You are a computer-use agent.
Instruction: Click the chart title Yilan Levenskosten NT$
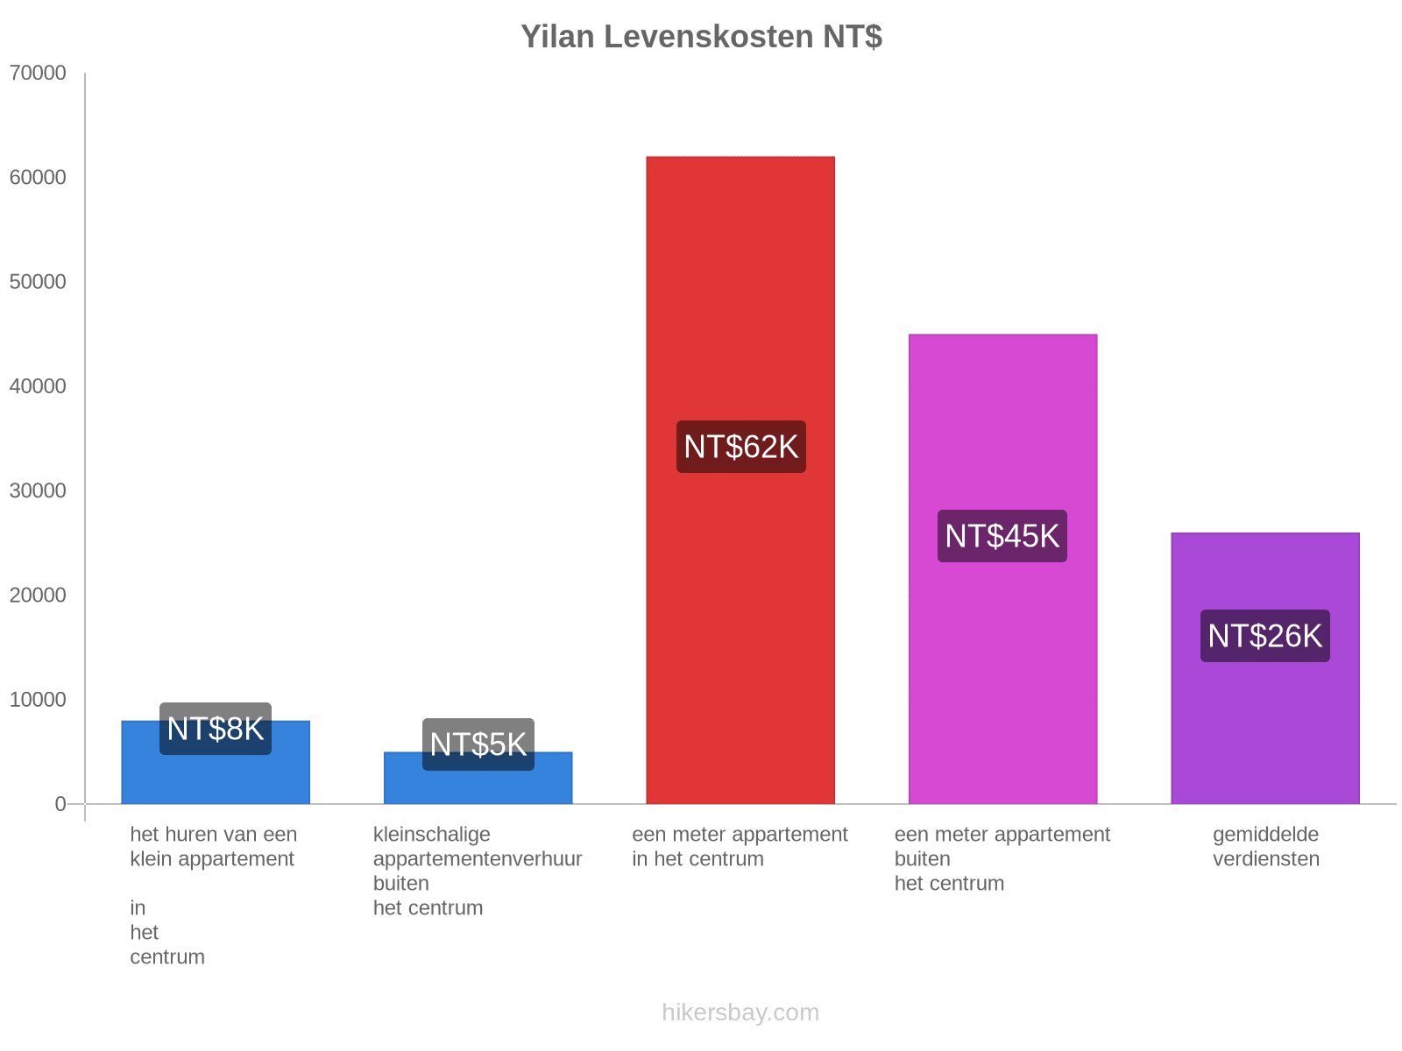point(701,37)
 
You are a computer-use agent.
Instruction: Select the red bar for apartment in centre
point(740,613)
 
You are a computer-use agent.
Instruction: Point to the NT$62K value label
point(740,447)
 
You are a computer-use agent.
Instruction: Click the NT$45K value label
point(1002,536)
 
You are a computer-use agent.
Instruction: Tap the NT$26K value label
point(1264,636)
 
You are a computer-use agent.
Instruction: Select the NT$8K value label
point(215,729)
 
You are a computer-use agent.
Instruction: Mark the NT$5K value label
point(478,744)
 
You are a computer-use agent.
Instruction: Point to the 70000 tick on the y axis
point(38,74)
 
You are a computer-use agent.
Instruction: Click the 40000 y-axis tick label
point(38,386)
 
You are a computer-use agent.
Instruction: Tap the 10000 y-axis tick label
point(38,700)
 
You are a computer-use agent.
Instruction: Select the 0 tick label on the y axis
point(60,804)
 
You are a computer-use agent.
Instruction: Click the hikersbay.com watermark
point(740,1012)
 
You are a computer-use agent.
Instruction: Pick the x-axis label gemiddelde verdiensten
point(1265,847)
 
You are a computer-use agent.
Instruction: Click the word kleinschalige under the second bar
point(431,835)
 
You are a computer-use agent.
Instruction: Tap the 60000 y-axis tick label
point(38,178)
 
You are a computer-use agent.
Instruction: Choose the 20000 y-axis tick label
point(38,596)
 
